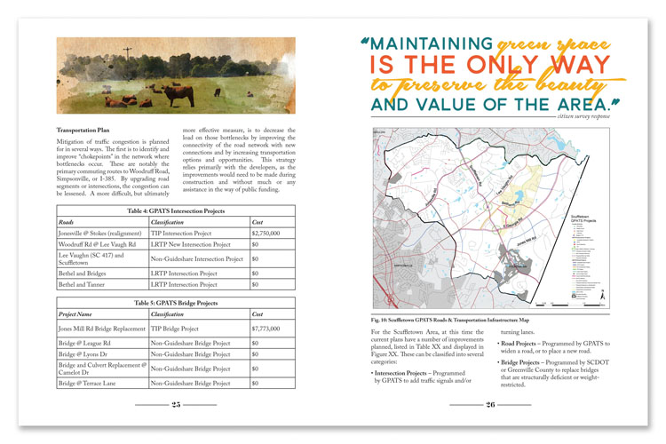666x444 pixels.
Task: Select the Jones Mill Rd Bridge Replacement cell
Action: [x=101, y=328]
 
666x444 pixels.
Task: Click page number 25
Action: [x=176, y=404]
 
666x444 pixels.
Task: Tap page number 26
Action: [x=490, y=404]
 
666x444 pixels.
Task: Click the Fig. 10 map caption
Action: [x=461, y=319]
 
